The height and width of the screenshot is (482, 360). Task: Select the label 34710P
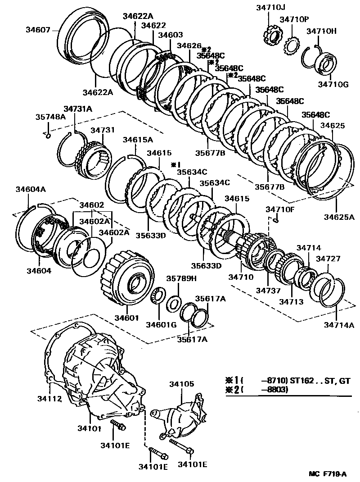[x=294, y=19]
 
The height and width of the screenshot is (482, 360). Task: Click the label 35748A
[x=50, y=117]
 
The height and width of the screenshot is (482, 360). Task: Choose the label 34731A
[x=77, y=109]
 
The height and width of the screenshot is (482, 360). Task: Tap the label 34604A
[x=31, y=189]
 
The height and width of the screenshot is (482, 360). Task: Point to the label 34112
[x=49, y=398]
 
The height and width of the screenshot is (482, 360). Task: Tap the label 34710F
[x=279, y=209]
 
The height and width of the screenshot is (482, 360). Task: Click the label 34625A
[x=339, y=218]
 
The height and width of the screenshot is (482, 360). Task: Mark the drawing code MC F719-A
[x=327, y=473]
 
